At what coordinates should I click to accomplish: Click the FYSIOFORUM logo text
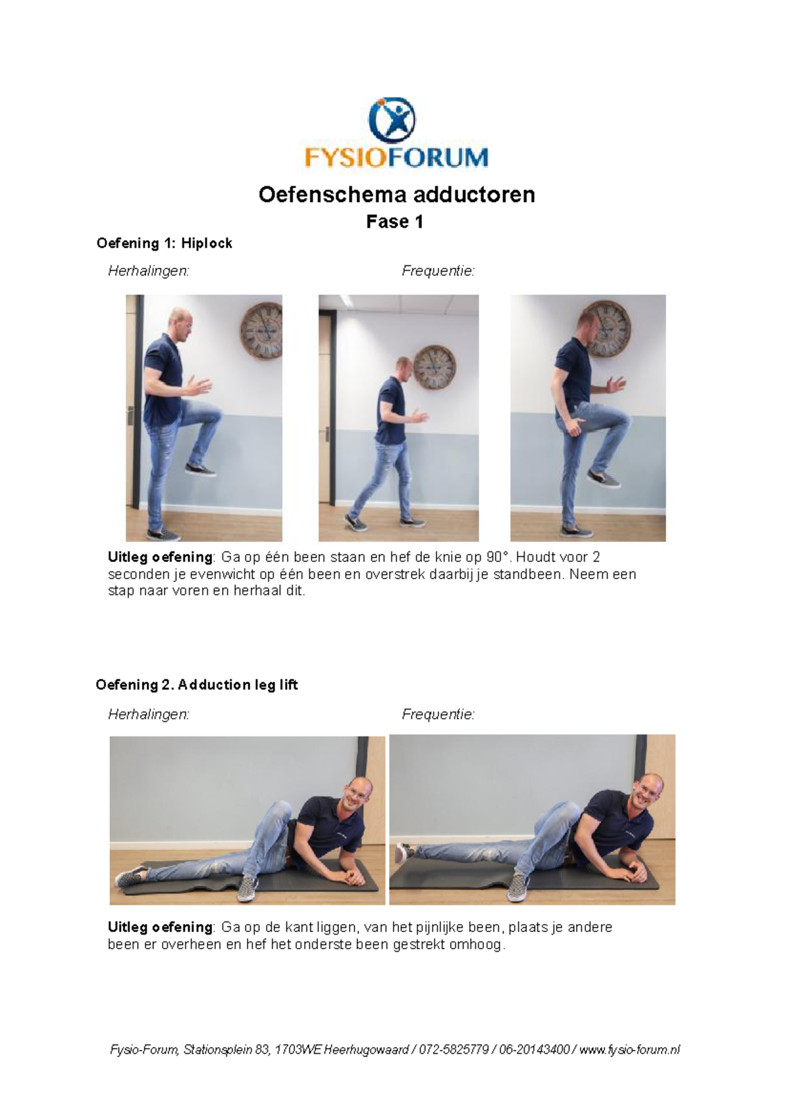pos(396,158)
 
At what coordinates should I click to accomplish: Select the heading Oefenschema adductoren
pos(396,195)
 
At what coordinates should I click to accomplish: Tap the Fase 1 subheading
pos(394,222)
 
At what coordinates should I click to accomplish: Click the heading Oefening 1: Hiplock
pos(164,244)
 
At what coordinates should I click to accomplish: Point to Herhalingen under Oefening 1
pos(148,271)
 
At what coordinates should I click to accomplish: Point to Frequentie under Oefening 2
pos(438,715)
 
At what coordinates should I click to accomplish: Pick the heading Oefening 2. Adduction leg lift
pos(196,685)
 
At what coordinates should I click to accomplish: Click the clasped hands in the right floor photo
pos(635,873)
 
